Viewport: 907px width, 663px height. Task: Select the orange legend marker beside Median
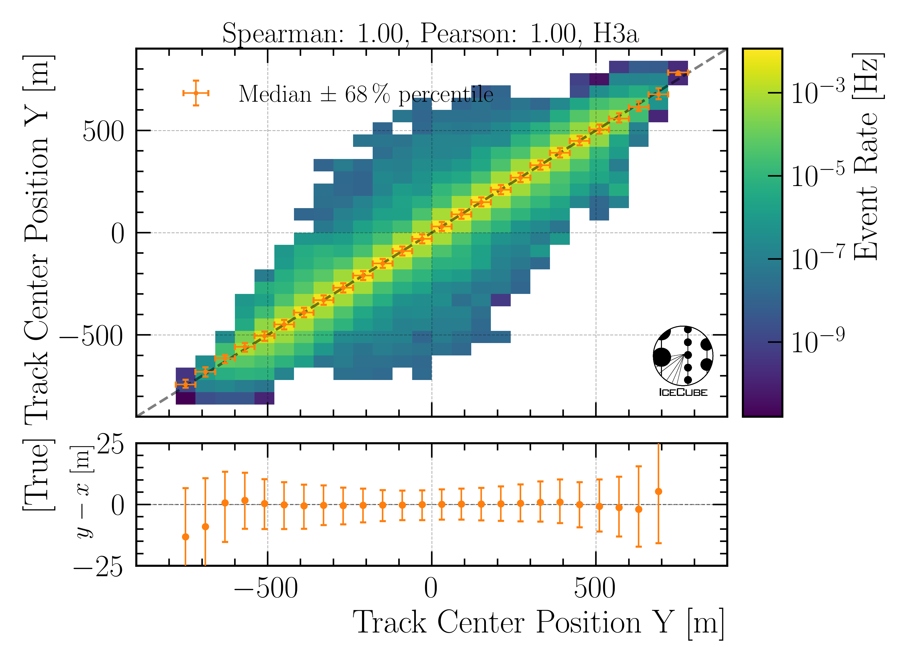(x=196, y=93)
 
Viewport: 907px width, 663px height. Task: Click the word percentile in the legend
(x=446, y=95)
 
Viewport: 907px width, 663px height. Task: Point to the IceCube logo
(x=683, y=361)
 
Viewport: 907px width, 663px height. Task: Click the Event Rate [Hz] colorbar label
(x=868, y=157)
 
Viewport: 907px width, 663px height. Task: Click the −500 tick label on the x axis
(x=266, y=589)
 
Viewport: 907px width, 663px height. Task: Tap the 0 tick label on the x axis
(x=431, y=589)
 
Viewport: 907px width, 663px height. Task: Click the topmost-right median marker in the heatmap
(x=678, y=73)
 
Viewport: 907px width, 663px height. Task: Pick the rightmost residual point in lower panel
(x=658, y=492)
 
